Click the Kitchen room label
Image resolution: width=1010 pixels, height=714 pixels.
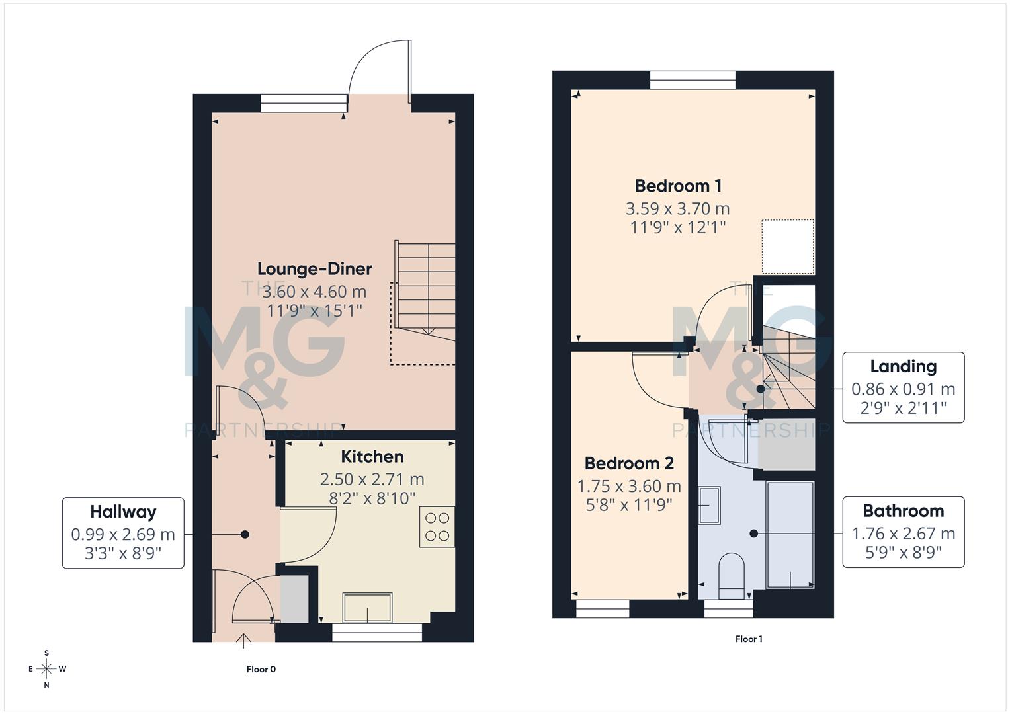tap(372, 457)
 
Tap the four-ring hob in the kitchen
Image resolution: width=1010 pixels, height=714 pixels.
tap(437, 527)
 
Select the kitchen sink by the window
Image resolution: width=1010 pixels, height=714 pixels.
tap(367, 608)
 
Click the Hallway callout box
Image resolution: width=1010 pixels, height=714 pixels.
tap(123, 533)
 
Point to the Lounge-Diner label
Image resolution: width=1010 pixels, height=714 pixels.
tap(314, 269)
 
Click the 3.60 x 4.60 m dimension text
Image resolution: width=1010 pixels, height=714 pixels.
tap(314, 292)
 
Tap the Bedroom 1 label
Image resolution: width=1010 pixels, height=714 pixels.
tap(678, 186)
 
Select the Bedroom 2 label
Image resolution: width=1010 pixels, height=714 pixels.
tap(629, 463)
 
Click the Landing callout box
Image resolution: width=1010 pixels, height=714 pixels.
tap(903, 387)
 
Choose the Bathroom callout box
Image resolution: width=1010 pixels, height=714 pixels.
tap(903, 532)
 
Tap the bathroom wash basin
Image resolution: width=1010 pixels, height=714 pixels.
tap(710, 506)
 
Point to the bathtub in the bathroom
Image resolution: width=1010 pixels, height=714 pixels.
tap(790, 534)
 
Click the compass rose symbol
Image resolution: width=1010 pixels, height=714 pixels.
tap(46, 669)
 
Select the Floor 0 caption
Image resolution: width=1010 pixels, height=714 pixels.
tap(261, 669)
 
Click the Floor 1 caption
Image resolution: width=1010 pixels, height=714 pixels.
tap(749, 639)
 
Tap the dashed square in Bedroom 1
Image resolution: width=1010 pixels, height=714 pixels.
tap(787, 247)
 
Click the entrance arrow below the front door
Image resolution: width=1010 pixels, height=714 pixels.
tap(243, 639)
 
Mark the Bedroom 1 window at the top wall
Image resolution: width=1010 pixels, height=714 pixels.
tap(693, 80)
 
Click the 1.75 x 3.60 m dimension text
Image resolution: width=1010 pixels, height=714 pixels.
tap(629, 487)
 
